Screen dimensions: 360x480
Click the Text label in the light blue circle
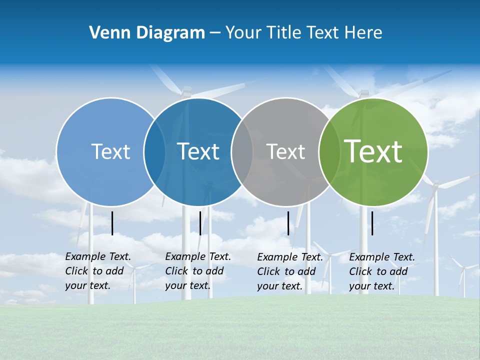click(x=110, y=151)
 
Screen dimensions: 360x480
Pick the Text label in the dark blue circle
click(x=198, y=151)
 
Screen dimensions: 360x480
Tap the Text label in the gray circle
click(x=285, y=151)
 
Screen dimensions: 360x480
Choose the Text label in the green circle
click(x=373, y=151)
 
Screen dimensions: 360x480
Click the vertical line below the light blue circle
click(x=112, y=223)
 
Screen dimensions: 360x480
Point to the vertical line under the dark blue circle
click(x=200, y=223)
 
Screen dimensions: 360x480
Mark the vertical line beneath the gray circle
click(x=288, y=223)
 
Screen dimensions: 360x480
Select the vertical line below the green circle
click(x=372, y=223)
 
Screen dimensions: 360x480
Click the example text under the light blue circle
click(x=98, y=271)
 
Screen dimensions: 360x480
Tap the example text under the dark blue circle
click(x=198, y=271)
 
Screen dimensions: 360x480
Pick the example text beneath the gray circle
click(x=290, y=271)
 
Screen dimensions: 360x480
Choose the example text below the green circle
click(x=382, y=271)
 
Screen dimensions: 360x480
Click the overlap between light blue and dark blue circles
click(x=154, y=151)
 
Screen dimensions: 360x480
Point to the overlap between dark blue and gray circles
click(x=242, y=151)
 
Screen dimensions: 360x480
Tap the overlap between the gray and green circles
click(x=329, y=151)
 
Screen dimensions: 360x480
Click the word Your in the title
click(x=244, y=33)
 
